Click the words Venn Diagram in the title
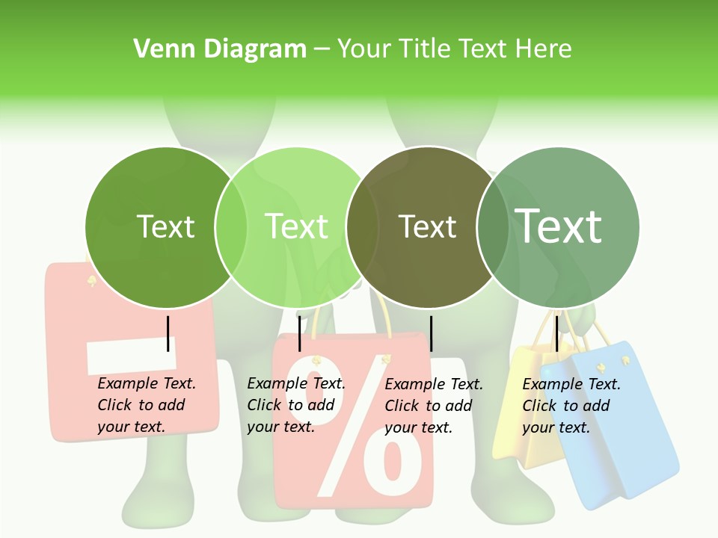click(220, 49)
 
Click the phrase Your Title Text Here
click(454, 49)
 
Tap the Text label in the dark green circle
click(165, 226)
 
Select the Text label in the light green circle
click(297, 226)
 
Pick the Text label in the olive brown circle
click(427, 226)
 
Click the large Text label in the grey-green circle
click(559, 226)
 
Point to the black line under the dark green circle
click(168, 333)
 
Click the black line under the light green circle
click(299, 333)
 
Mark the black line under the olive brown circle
click(431, 333)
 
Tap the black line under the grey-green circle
click(556, 333)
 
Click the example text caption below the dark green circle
click(146, 405)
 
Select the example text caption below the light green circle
click(295, 405)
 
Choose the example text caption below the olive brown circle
click(433, 406)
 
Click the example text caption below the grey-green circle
click(571, 406)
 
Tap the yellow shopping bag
click(524, 441)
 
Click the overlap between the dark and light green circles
click(231, 226)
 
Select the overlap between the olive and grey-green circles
click(492, 226)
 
